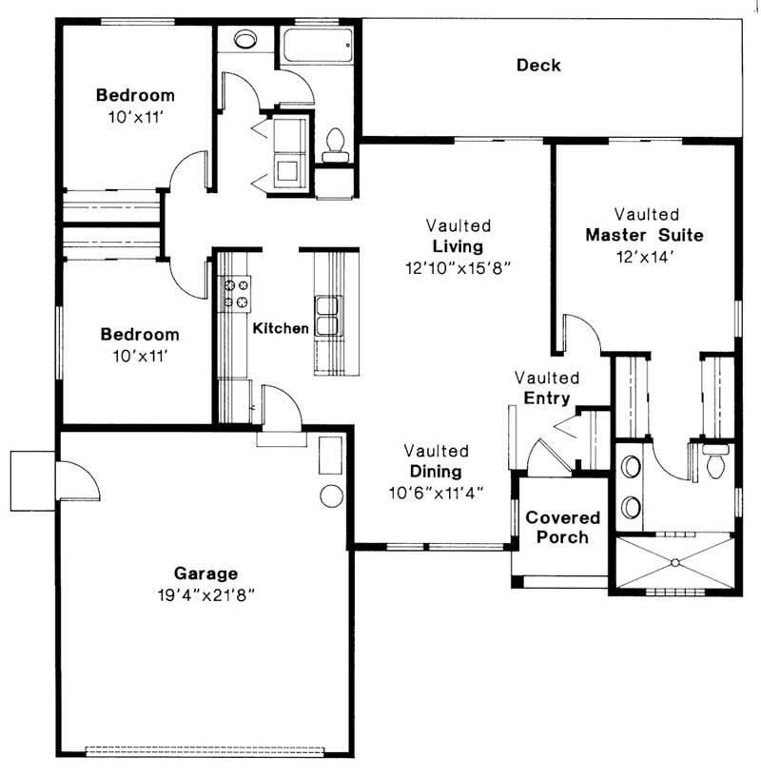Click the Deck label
(538, 66)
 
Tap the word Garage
(205, 573)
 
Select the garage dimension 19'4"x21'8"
(205, 594)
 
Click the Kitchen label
(281, 328)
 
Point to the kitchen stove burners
(235, 294)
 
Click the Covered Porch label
(563, 528)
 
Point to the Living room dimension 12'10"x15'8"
(459, 268)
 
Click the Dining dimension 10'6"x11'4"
(437, 492)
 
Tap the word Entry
(547, 398)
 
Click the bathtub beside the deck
(318, 46)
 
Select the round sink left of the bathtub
(245, 40)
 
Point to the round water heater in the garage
(331, 495)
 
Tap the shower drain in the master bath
(673, 562)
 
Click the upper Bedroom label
(136, 95)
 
